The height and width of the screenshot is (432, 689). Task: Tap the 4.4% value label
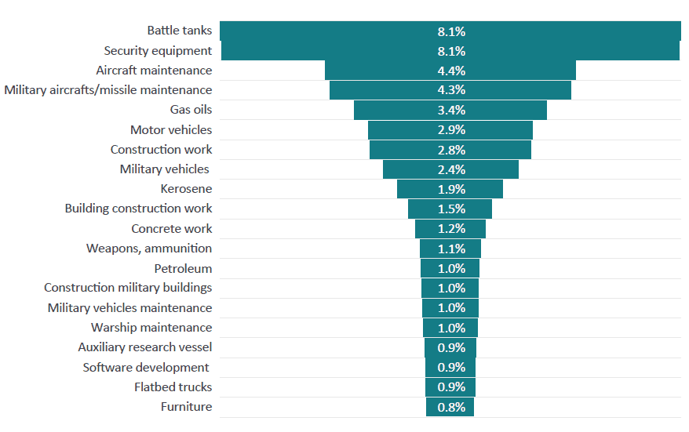tap(451, 71)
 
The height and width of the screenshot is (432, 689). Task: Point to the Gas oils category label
tap(191, 110)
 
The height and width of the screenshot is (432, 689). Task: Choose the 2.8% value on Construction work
tap(451, 150)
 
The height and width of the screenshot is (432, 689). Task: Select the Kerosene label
tap(186, 189)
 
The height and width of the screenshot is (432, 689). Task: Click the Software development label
tap(146, 367)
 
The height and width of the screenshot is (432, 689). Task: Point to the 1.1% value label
tap(451, 249)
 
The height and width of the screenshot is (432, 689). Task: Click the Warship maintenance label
tap(151, 328)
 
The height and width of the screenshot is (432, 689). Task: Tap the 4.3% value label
tap(451, 90)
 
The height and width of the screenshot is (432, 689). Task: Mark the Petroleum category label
tap(183, 268)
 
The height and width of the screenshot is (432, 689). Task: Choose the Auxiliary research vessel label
tap(144, 347)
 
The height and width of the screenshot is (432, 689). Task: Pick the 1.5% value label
tap(451, 209)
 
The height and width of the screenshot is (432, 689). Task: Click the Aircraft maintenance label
tap(154, 71)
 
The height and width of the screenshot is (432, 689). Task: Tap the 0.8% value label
tap(451, 407)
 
